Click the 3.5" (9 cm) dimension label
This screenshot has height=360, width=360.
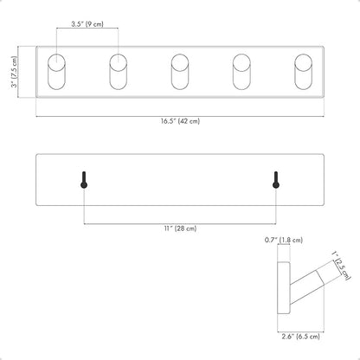click(x=87, y=24)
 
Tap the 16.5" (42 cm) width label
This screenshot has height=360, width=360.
click(x=180, y=121)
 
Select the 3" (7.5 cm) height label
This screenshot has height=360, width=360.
click(x=14, y=72)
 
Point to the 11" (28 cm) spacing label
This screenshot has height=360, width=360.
click(x=180, y=228)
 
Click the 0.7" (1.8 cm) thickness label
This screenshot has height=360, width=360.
click(x=284, y=240)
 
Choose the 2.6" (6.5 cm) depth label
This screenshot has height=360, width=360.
click(x=301, y=337)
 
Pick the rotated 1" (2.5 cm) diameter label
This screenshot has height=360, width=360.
click(x=341, y=266)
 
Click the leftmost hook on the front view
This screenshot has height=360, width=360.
click(x=56, y=72)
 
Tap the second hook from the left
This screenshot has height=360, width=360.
click(x=119, y=72)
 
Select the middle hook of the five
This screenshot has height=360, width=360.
click(x=180, y=72)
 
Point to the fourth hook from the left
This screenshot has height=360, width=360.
click(x=241, y=72)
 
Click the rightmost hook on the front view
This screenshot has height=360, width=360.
click(x=304, y=72)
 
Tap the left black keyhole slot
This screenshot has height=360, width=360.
click(x=84, y=180)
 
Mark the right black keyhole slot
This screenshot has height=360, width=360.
click(x=276, y=180)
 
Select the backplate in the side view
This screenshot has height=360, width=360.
click(x=284, y=288)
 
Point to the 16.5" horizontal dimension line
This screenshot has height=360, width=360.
click(x=180, y=117)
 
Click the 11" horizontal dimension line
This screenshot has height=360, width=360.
click(x=180, y=223)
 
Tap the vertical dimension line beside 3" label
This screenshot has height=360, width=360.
click(x=19, y=72)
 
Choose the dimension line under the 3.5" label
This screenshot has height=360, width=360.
click(x=87, y=29)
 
